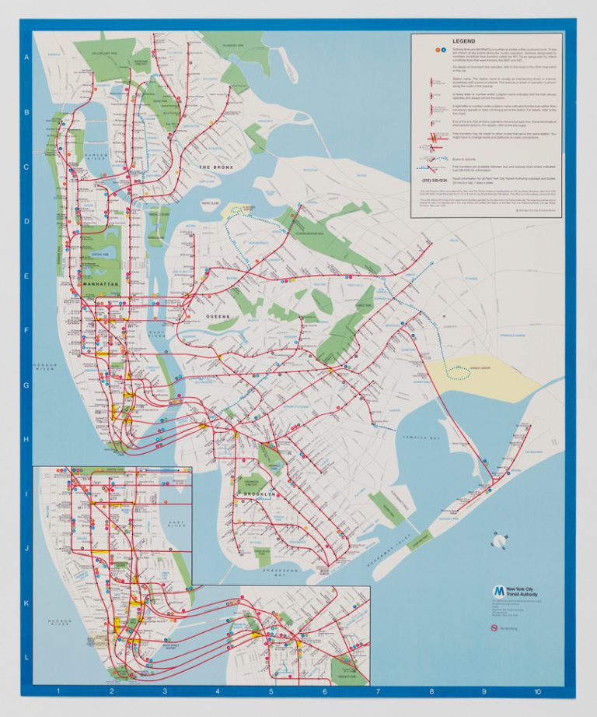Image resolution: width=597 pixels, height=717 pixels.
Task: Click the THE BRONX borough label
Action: tap(215, 167)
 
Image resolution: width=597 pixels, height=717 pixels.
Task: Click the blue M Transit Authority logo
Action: tap(497, 591)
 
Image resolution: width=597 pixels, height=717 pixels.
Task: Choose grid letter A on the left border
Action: tap(26, 58)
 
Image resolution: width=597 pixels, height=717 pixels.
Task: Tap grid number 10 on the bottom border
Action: tap(536, 691)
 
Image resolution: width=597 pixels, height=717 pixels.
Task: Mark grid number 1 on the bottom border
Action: tap(58, 691)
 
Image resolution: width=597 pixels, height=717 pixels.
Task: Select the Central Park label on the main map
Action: tap(99, 255)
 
